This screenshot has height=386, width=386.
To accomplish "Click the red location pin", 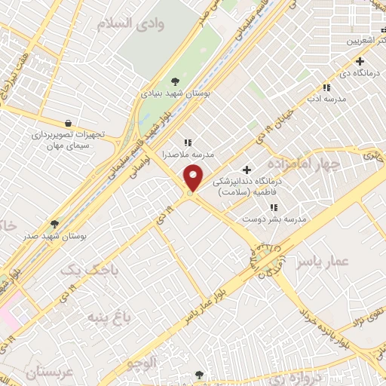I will [x=194, y=179].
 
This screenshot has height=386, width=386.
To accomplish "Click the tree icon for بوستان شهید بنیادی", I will [x=176, y=81].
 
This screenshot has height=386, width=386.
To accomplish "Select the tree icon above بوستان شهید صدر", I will [x=54, y=224].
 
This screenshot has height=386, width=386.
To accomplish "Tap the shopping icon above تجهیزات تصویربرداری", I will [x=69, y=123].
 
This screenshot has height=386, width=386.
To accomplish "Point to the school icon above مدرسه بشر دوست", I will [x=273, y=207].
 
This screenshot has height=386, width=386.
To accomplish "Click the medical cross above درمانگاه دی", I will [x=360, y=61].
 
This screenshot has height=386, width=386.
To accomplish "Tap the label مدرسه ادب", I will [x=326, y=99].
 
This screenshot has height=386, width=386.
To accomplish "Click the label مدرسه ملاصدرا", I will [x=191, y=154].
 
